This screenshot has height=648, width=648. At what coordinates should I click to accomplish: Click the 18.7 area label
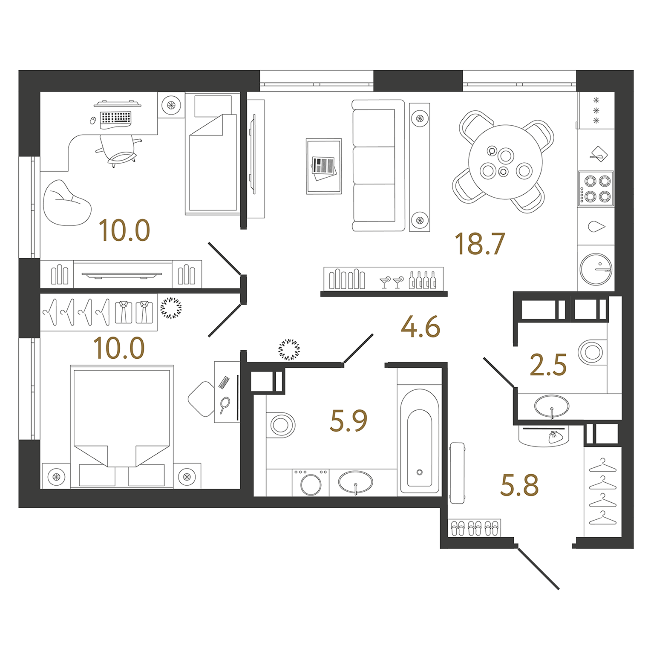(480, 244)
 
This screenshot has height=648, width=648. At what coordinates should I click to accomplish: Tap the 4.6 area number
(420, 327)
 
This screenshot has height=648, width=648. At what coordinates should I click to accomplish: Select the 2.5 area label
(548, 365)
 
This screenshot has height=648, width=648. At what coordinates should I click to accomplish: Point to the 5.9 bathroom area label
(348, 421)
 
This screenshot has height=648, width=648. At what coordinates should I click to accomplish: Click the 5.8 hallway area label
(519, 486)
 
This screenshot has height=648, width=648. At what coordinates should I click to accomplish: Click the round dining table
(505, 162)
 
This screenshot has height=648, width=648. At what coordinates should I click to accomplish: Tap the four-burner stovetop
(596, 189)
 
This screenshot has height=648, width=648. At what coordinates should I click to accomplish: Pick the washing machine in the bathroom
(311, 483)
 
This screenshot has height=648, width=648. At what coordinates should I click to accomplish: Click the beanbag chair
(66, 204)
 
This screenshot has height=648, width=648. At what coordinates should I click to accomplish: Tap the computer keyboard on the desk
(116, 118)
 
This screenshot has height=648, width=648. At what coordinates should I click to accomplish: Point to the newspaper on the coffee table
(324, 167)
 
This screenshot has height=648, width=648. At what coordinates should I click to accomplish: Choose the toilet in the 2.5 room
(592, 352)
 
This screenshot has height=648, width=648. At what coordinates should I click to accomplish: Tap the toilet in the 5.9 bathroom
(280, 425)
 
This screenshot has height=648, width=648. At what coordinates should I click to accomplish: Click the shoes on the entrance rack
(474, 528)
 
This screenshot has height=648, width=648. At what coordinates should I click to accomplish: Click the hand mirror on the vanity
(225, 404)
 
